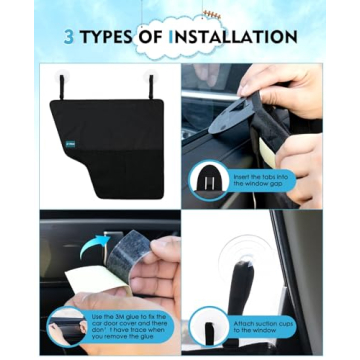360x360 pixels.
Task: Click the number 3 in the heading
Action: tap(70, 38)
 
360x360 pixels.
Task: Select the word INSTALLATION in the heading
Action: tap(235, 38)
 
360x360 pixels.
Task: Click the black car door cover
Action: tap(110, 135)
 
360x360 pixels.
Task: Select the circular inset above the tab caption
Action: tap(210, 181)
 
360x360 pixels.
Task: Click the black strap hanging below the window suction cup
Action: tap(244, 290)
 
